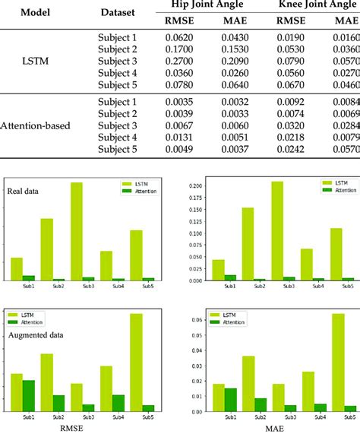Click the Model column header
[31, 13]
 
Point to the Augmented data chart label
[34, 334]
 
